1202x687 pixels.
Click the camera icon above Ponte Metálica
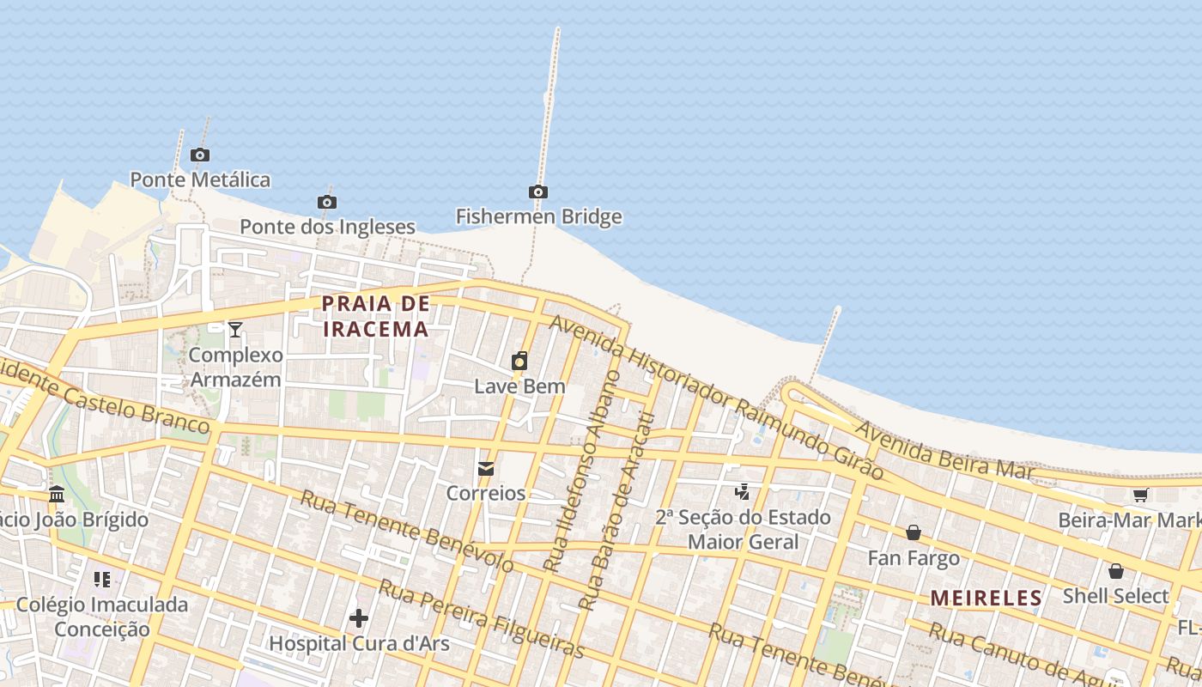point(200,155)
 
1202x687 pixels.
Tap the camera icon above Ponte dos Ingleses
point(326,202)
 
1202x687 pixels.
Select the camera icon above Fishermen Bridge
point(538,192)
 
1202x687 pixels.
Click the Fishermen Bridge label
point(538,216)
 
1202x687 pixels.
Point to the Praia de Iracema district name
point(375,316)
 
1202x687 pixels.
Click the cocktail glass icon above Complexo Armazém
point(235,329)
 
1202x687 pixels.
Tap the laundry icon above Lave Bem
point(519,362)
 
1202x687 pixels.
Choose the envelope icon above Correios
point(486,469)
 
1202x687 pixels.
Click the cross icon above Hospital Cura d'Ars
point(359,617)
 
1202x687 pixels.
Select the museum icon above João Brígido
point(57,495)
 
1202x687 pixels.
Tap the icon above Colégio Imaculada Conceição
point(102,580)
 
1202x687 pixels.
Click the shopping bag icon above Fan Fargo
point(914,533)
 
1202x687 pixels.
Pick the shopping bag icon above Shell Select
point(1115,571)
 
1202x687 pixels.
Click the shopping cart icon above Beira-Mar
point(1140,495)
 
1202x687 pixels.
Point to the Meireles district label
point(986,598)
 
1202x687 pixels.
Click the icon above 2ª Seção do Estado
point(743,492)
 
